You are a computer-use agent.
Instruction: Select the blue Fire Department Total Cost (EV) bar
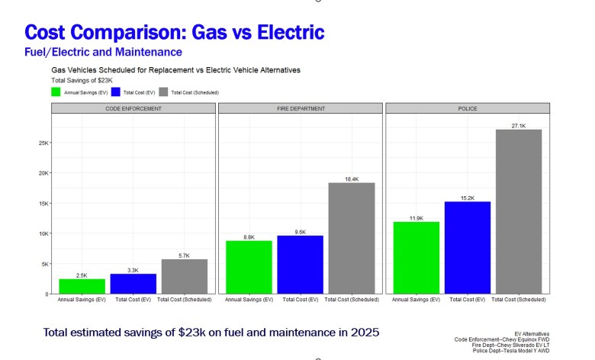pos(299,264)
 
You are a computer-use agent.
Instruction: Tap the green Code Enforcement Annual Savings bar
pos(82,286)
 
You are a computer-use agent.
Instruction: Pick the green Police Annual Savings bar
pos(416,257)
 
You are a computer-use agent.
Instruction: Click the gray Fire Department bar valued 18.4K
pos(351,238)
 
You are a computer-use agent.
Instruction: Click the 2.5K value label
pos(82,275)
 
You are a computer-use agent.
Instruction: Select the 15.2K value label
pos(468,198)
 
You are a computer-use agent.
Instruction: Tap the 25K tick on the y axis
pos(43,143)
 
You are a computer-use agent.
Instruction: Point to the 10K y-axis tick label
pos(43,233)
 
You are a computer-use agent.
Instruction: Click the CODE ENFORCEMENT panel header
pos(133,109)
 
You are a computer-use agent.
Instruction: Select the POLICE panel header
pos(468,109)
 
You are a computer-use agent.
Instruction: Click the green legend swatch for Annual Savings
pos(56,92)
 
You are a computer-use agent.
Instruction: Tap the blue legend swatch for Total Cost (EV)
pos(116,92)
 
